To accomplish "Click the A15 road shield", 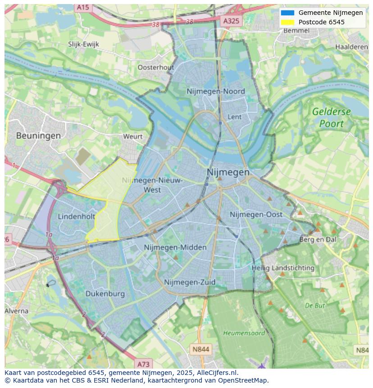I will [82, 8].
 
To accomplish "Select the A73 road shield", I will [143, 364].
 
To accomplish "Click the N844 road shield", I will [200, 349].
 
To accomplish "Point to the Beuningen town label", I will [38, 135].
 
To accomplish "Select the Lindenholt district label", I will [76, 217].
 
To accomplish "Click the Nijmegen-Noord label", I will [216, 91].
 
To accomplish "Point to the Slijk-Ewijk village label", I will [83, 44].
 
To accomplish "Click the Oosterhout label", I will [155, 67].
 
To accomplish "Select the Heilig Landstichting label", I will [283, 268].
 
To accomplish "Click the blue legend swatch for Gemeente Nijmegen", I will [287, 13].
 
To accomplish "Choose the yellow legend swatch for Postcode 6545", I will [287, 22].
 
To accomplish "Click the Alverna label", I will [17, 311].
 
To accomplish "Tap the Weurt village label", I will [132, 137].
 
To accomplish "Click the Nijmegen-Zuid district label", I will [190, 283].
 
